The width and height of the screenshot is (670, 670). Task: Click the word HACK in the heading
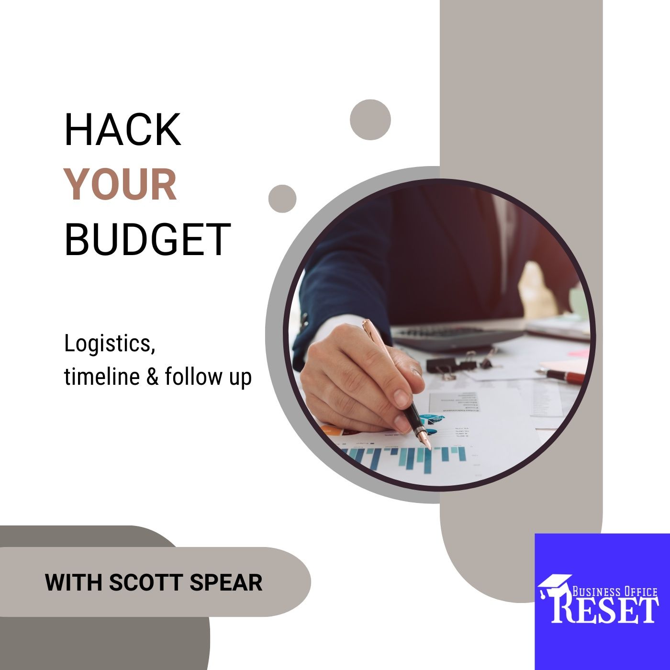pos(123,129)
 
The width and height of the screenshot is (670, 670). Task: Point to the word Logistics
pos(110,344)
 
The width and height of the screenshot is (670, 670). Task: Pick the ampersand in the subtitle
pos(152,377)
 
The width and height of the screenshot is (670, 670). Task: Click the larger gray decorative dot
pos(370,120)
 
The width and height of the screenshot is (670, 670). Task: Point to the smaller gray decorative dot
pos(282,199)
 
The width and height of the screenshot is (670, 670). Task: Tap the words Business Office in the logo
pos(614,592)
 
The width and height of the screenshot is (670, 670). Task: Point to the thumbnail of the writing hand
pos(401,395)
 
